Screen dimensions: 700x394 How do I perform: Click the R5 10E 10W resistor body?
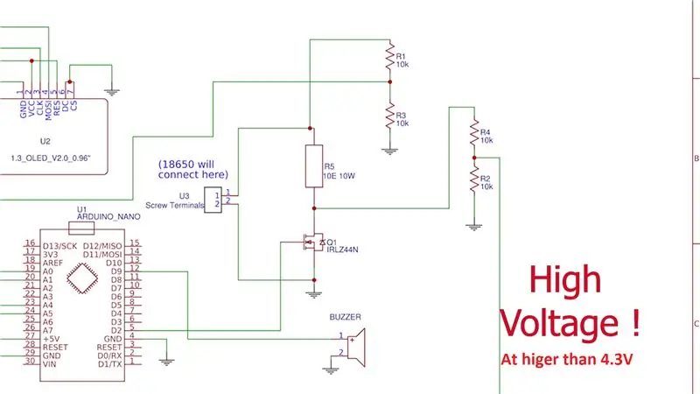(314, 165)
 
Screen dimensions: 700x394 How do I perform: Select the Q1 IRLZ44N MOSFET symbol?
(314, 243)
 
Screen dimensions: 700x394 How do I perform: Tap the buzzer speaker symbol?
(356, 348)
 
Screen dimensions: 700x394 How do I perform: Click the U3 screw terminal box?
(213, 200)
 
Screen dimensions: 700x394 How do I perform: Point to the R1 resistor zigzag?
(389, 56)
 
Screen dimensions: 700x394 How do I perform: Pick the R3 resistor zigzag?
(389, 116)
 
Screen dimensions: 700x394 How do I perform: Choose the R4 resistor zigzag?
(474, 132)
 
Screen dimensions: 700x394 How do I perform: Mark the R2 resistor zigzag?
(474, 179)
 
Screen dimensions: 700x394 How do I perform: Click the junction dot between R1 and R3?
(389, 81)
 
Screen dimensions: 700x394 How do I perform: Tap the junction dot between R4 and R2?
(474, 158)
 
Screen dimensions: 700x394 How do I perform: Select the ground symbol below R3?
(389, 151)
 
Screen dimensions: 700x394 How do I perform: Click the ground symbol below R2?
(474, 227)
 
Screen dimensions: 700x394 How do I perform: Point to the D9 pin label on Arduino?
(116, 271)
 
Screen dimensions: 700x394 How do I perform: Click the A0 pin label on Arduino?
(48, 271)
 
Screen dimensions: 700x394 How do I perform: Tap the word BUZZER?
(345, 317)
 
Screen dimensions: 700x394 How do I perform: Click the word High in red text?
(565, 280)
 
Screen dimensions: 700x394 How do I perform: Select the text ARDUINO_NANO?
(108, 216)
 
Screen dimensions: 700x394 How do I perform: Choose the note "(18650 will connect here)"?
(192, 169)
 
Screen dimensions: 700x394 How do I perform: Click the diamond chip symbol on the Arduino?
(82, 278)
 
